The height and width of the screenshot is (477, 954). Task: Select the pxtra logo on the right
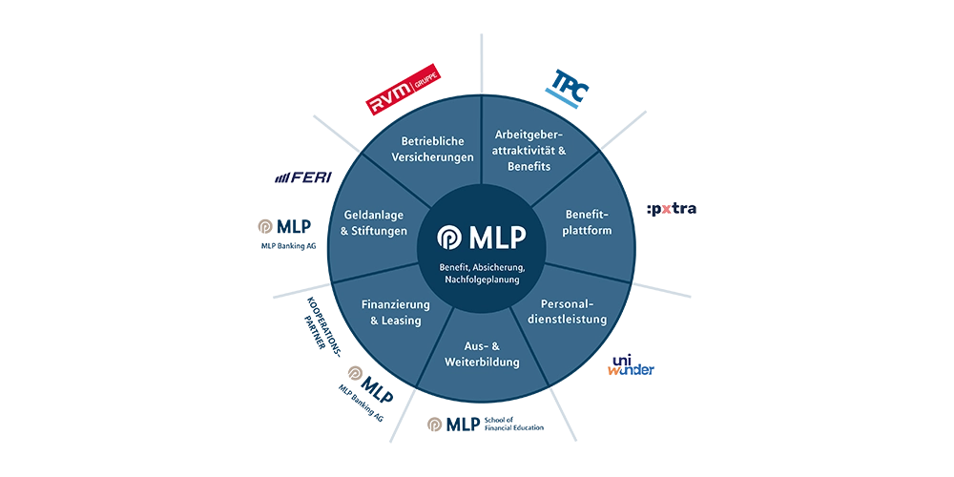(x=672, y=207)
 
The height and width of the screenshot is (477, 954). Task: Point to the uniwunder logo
(x=632, y=365)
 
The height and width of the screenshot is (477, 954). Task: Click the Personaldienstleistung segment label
(x=567, y=312)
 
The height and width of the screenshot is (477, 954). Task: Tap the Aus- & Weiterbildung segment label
(x=482, y=354)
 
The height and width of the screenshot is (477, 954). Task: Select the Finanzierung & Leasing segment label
(x=395, y=312)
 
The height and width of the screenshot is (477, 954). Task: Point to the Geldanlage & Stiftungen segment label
(x=374, y=222)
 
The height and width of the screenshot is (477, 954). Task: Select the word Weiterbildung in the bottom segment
(x=482, y=363)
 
